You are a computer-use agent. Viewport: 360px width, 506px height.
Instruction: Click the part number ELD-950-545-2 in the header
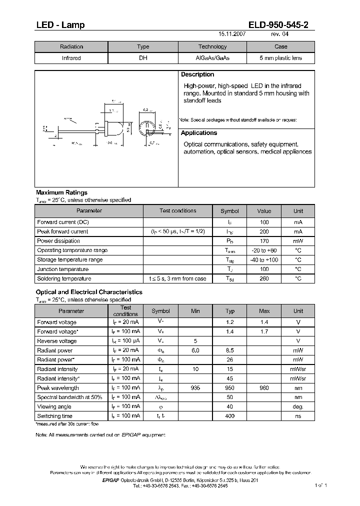pos(281,25)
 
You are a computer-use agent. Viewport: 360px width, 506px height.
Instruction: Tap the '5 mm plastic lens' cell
pos(280,58)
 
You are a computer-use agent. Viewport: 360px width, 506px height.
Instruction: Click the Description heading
pos(197,74)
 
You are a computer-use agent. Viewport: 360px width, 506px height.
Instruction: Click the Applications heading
pos(199,133)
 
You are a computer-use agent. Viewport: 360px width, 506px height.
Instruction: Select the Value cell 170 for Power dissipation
pos(264,241)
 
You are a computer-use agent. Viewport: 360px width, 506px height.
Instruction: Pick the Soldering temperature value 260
pos(264,278)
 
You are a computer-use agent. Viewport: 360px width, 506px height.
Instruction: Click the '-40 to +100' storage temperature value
pos(264,260)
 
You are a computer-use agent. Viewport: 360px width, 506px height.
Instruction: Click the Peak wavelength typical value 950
pos(230,388)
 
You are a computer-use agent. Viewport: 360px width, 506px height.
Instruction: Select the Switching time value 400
pos(230,416)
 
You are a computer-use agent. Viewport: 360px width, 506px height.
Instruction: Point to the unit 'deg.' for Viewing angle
pos(298,407)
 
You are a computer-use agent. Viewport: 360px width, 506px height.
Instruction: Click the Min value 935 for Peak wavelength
pos(195,388)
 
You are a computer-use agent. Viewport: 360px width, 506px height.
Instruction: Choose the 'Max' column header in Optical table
pos(264,311)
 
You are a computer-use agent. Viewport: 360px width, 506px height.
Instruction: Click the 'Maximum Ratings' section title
pos(61,192)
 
